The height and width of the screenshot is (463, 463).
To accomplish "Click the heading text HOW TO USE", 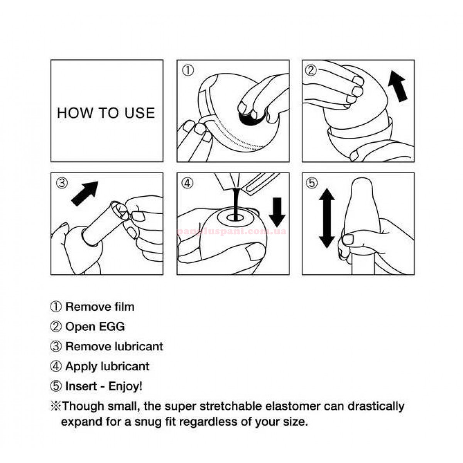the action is coord(106,113).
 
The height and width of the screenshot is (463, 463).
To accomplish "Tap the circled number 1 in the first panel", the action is coord(188,71).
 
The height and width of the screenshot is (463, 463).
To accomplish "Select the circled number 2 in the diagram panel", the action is coord(311,70).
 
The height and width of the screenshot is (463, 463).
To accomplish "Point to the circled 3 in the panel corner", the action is coord(62,183).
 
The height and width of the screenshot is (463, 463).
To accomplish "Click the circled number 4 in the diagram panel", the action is coord(188,183).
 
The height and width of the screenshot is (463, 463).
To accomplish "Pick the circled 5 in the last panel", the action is coord(311,183).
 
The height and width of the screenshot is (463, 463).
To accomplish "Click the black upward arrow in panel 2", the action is coord(398,86).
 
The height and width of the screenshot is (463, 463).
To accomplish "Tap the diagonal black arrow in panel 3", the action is coord(84,193).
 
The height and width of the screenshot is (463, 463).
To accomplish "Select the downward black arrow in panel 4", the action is coord(277,212).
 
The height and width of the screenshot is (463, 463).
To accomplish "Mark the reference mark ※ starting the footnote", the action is coord(56,407).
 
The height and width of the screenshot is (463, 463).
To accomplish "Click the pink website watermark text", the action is coord(231,231).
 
